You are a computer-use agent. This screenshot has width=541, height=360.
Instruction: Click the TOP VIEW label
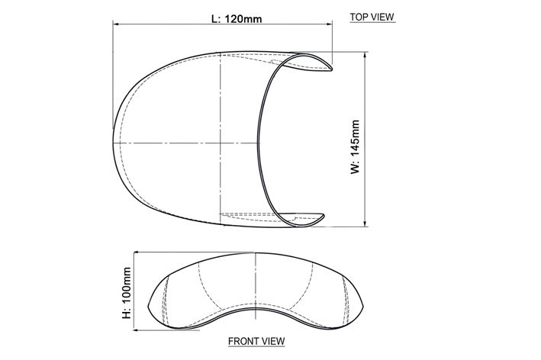372,17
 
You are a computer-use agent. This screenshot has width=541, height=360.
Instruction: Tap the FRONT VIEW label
256,341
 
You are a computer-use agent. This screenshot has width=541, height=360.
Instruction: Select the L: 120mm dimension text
237,18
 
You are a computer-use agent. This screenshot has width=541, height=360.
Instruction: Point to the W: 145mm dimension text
355,147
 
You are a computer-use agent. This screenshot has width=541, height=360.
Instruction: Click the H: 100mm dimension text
127,293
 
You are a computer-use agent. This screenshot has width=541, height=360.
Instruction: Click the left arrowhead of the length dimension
116,24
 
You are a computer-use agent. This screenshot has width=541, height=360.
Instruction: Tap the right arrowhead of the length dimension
329,24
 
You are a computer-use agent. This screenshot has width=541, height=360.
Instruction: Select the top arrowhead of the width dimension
365,54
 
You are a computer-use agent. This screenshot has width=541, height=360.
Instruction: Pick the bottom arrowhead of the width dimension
365,223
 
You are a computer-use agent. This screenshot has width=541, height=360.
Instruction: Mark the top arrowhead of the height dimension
134,255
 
